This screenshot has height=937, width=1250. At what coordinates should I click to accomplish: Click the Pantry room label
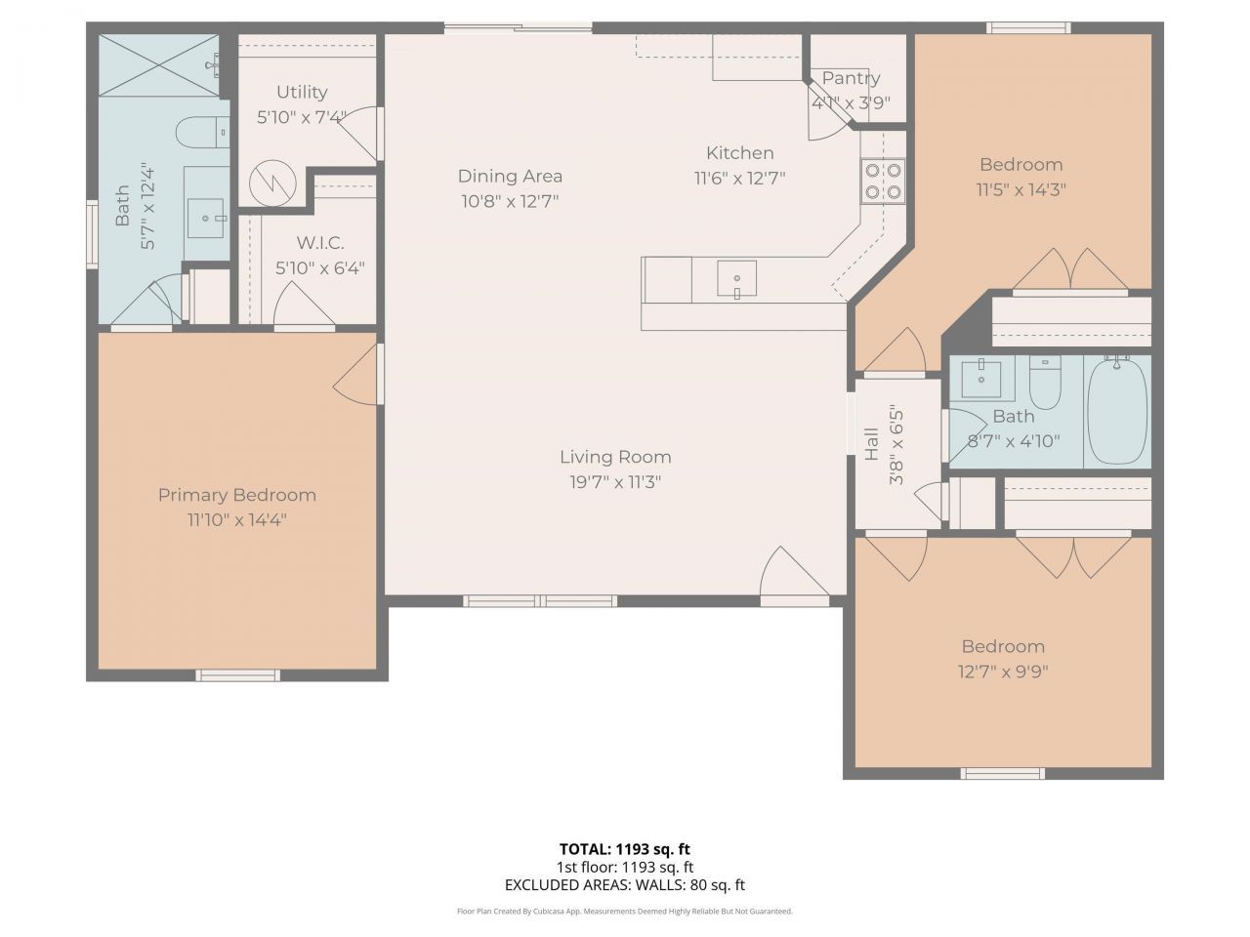tap(851, 78)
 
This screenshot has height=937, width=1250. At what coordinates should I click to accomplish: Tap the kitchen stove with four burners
tap(882, 181)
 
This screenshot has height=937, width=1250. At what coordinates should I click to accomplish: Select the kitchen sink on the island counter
tap(736, 278)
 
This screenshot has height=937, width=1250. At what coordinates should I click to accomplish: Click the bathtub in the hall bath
tap(1117, 412)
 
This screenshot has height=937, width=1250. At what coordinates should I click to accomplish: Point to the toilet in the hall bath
tap(1045, 385)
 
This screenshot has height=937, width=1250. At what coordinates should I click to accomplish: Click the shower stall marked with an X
tap(158, 64)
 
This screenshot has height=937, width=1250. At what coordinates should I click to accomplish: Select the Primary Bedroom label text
tap(237, 495)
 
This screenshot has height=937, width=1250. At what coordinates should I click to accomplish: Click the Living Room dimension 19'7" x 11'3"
tap(615, 481)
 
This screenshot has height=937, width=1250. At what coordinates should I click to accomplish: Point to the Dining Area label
tap(510, 177)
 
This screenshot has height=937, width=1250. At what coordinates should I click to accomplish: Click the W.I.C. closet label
tap(319, 243)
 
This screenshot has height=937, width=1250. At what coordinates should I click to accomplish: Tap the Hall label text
tap(872, 445)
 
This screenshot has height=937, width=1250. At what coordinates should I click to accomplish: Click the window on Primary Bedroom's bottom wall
tap(237, 674)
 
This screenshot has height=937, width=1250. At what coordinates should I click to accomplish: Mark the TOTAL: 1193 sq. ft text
tap(624, 849)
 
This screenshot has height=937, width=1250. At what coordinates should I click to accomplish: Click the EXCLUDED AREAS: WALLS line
tap(624, 885)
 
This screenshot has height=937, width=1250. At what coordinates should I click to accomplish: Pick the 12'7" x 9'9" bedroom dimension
tap(1003, 672)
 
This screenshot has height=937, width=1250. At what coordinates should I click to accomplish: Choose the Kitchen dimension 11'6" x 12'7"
tap(740, 178)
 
